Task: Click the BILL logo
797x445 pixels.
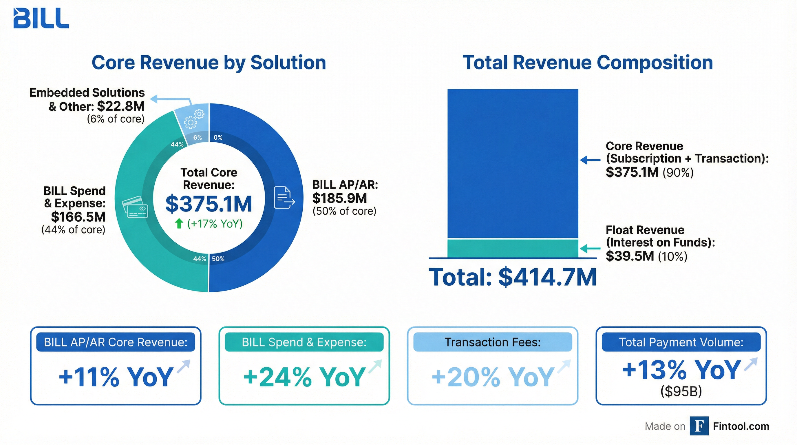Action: click(41, 18)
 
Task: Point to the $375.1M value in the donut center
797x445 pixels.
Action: click(209, 204)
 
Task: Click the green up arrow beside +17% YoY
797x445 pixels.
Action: click(179, 223)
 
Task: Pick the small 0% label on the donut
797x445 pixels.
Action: click(218, 137)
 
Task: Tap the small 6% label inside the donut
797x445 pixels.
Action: click(198, 137)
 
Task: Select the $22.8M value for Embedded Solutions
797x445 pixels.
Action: click(121, 106)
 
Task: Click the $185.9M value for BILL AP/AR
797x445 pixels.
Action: click(339, 198)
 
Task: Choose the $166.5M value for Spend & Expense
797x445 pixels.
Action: click(78, 217)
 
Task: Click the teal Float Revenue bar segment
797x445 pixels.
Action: click(513, 248)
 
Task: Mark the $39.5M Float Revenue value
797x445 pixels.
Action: click(630, 256)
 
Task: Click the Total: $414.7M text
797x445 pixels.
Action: click(512, 277)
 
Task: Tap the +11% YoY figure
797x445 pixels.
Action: click(116, 377)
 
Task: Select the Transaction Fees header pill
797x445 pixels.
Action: click(493, 342)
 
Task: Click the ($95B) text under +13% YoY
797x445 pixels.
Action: click(681, 391)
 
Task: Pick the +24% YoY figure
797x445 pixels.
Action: click(304, 377)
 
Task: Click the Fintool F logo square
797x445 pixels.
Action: click(699, 426)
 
